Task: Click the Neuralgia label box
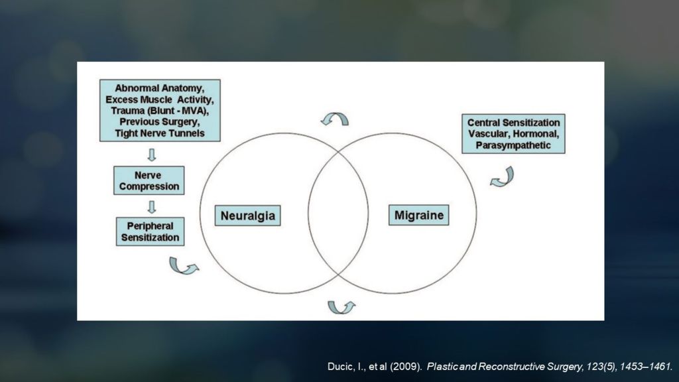(x=247, y=216)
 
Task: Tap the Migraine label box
(x=418, y=216)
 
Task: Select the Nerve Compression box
(x=149, y=180)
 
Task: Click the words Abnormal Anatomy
(x=159, y=88)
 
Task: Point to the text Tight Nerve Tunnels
(x=159, y=133)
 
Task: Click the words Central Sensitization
(x=513, y=123)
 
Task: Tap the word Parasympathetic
(x=513, y=145)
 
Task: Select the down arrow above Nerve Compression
(x=151, y=155)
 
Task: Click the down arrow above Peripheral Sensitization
(x=151, y=206)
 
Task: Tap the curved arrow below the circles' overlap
(x=341, y=307)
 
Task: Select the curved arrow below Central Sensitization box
(x=502, y=177)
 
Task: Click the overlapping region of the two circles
(x=338, y=212)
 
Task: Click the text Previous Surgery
(x=159, y=122)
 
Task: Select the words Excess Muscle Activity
(x=159, y=99)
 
